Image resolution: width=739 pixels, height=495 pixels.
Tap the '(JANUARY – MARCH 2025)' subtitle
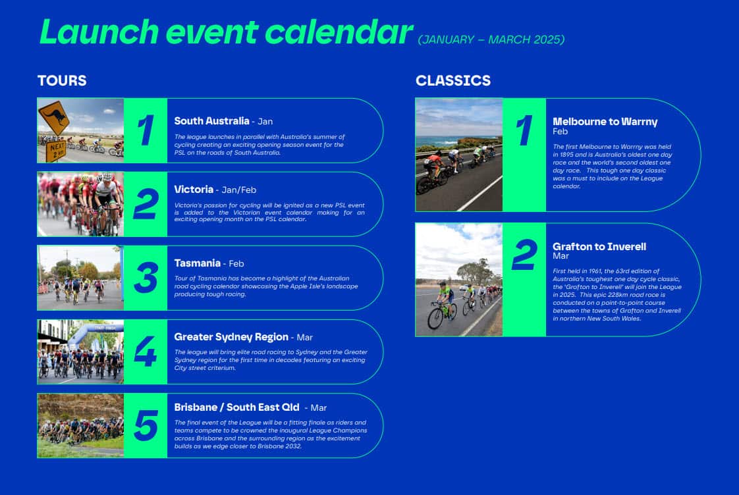pos(491,39)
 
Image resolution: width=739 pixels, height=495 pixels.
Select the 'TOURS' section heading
pos(62,80)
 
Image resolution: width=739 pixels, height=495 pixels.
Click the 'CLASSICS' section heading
pos(453,80)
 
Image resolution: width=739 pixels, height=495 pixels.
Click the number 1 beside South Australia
pos(146,130)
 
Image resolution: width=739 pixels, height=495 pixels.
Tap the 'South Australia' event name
pos(211,121)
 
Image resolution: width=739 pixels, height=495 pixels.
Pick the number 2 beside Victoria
pos(146,204)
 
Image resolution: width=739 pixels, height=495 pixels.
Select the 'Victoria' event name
pos(194,190)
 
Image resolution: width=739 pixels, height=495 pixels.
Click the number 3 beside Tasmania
pos(146,278)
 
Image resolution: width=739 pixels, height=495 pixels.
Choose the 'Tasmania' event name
pos(197,263)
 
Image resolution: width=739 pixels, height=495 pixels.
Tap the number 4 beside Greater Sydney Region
pos(146,352)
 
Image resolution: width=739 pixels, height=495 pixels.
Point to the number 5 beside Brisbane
pos(146,425)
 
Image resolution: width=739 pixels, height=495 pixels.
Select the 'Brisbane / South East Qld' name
pos(236,407)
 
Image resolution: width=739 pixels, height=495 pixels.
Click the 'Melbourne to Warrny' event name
pos(605,122)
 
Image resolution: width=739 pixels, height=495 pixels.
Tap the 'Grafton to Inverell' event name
pos(599,247)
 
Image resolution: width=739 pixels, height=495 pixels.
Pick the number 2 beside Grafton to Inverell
pos(524,255)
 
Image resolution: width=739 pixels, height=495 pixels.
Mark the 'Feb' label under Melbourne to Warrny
pos(560,132)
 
